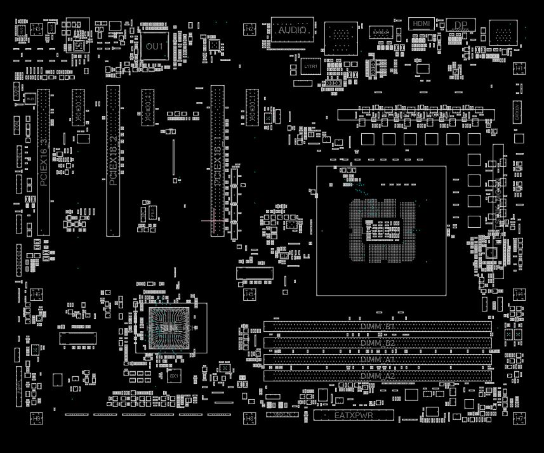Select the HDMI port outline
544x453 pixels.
tap(421, 23)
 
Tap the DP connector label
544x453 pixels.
tap(460, 26)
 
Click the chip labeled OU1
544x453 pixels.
tap(154, 46)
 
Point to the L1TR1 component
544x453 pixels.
tap(310, 66)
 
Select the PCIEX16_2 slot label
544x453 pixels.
tap(113, 161)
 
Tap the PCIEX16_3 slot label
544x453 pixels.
tap(43, 161)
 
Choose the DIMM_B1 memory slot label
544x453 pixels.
tap(378, 327)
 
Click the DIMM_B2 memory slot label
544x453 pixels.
tap(378, 343)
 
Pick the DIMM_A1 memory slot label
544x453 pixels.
tap(378, 360)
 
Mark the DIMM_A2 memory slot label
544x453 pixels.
tap(378, 376)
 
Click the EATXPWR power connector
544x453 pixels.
tap(354, 416)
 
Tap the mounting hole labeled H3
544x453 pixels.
tap(37, 29)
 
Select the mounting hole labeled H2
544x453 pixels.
tap(249, 29)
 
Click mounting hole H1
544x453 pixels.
tap(519, 67)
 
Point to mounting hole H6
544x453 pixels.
tap(37, 294)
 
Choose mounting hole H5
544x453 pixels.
tap(250, 294)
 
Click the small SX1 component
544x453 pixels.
tap(175, 376)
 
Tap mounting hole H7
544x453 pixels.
tap(519, 419)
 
